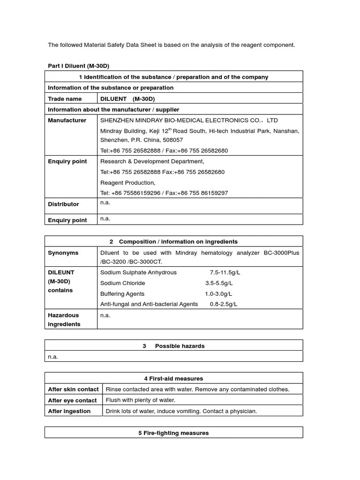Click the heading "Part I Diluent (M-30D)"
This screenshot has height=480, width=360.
[78, 66]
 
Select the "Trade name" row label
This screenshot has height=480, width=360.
[65, 99]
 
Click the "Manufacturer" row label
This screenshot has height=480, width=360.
[67, 120]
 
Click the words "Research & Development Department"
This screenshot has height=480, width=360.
[152, 161]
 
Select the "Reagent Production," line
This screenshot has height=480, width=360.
[127, 183]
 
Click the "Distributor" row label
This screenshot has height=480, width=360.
[63, 204]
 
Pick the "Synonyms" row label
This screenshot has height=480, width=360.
[63, 253]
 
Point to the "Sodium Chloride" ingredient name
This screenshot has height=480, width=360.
[123, 283]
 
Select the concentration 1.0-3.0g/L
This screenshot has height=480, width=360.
[218, 294]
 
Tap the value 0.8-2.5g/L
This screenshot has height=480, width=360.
[224, 304]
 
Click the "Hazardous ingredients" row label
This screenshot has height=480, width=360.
[64, 320]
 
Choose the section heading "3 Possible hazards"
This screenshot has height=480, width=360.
[173, 346]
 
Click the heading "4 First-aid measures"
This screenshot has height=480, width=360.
[173, 378]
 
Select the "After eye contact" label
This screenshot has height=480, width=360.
[72, 400]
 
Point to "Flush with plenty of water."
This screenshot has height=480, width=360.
[140, 400]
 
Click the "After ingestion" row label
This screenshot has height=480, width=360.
[69, 411]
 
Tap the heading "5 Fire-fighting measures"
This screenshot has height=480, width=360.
[173, 433]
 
